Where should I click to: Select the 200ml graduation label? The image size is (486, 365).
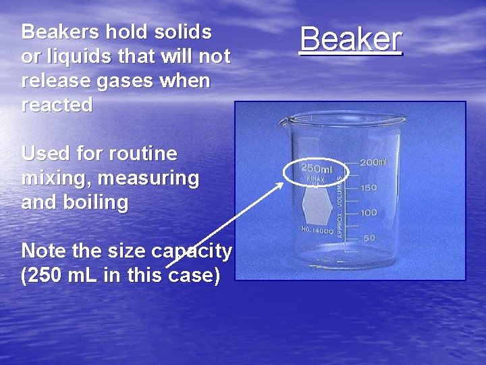coord(373,163)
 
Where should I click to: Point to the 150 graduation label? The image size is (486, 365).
coord(368,188)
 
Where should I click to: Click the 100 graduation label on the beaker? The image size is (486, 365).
coord(368,213)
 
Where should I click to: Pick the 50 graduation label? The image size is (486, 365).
coord(370,238)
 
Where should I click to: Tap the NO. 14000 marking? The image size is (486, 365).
coord(317,230)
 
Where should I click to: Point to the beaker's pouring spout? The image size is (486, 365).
coord(284,122)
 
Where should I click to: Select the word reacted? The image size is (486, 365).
coord(57,105)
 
